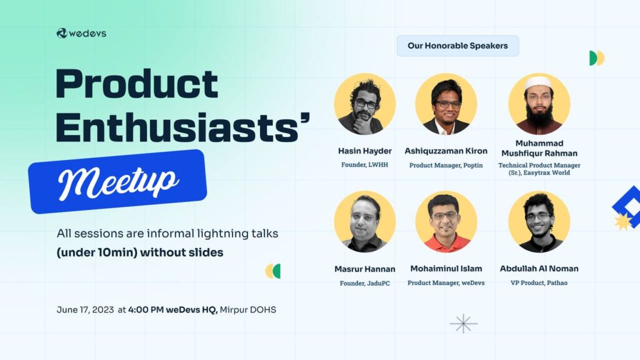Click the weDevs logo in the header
pos(81,33)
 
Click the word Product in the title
pos(137,84)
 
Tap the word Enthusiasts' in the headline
pos(183,127)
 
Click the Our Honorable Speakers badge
pos(457,46)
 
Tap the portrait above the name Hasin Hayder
pos(364,104)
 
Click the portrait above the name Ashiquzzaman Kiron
pos(446,104)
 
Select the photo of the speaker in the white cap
pos(539,104)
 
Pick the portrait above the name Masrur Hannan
pos(364,222)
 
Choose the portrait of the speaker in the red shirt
pos(446,222)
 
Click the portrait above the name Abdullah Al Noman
pos(539,222)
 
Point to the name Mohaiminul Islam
pos(446,269)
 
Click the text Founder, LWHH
pos(364,165)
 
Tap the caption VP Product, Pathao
pos(539,282)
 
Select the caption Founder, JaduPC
pos(364,283)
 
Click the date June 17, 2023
pos(85,310)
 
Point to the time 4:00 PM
pos(146,310)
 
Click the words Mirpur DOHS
pos(247,310)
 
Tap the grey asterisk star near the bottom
pos(463,324)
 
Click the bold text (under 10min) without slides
pos(140,252)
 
